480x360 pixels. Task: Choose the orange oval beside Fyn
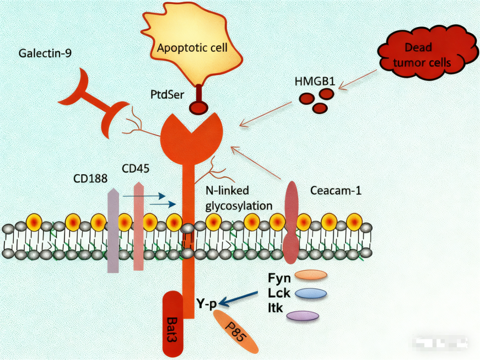point(311,275)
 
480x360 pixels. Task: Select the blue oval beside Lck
point(311,293)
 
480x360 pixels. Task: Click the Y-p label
point(207,302)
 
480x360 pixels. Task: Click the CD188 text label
point(90,179)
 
